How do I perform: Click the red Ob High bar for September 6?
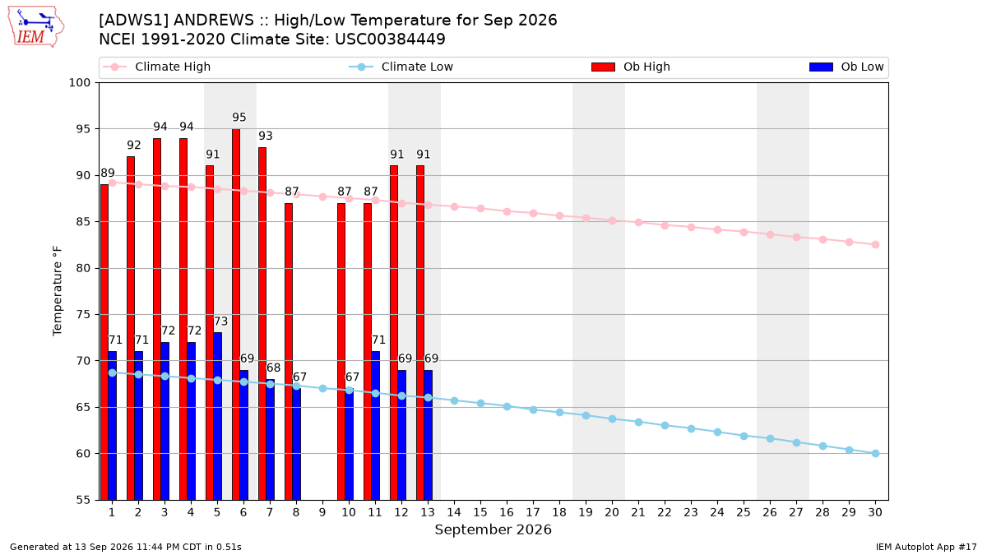click(x=236, y=314)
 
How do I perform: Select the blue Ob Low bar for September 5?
click(x=218, y=416)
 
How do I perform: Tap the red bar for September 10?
click(x=341, y=352)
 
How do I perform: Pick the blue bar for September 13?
click(x=429, y=435)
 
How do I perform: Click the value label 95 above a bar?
click(x=239, y=117)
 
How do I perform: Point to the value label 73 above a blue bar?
click(x=220, y=321)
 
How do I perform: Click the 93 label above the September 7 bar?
click(x=266, y=136)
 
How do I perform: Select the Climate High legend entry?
click(x=157, y=67)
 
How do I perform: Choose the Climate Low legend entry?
click(x=401, y=67)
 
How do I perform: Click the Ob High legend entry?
click(x=631, y=67)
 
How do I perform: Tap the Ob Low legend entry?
click(x=846, y=67)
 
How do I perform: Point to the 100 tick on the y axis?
click(x=79, y=83)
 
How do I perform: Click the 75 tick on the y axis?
click(x=83, y=314)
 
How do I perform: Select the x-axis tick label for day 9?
click(x=322, y=512)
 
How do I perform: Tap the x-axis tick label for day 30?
click(x=875, y=512)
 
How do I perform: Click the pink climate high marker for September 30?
click(x=875, y=244)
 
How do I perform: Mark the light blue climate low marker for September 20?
click(x=613, y=419)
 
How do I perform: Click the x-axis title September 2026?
click(x=493, y=530)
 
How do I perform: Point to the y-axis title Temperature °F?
click(x=58, y=291)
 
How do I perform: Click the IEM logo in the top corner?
click(x=35, y=27)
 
